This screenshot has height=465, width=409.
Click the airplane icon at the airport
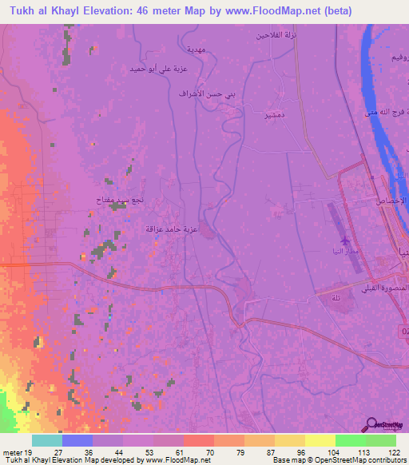345,240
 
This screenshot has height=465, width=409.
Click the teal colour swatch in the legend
46,440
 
